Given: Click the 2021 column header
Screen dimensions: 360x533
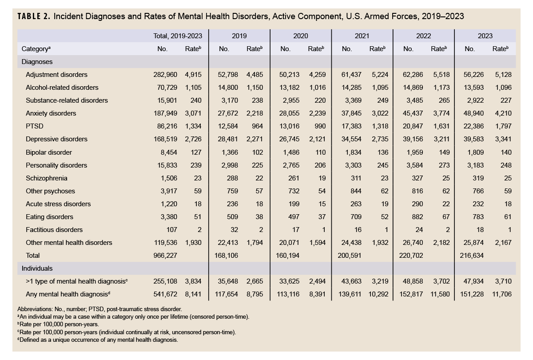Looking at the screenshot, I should coord(362,36).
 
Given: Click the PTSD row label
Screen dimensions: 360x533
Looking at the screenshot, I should coord(34,126).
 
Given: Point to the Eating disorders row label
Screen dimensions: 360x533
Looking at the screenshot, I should coord(49,217).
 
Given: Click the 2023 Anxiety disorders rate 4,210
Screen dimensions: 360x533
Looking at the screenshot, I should coord(503,113).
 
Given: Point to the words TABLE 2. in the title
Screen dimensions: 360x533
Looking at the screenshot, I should coord(34,16).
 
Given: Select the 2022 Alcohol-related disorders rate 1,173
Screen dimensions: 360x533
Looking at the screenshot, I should coord(441,88).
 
